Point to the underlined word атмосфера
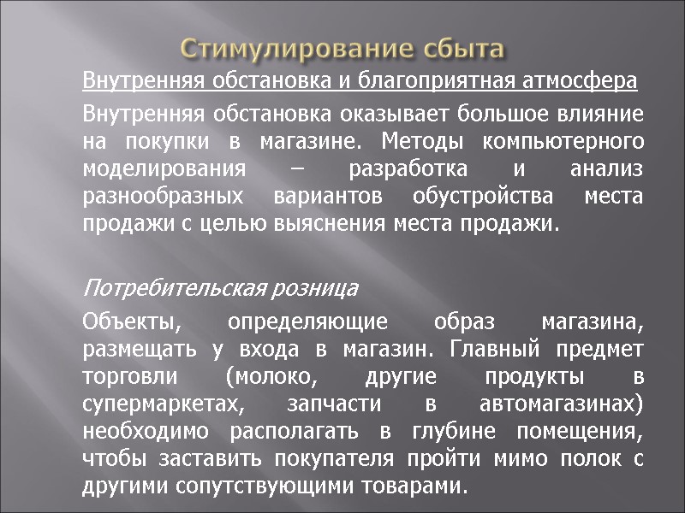pyautogui.click(x=587, y=82)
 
